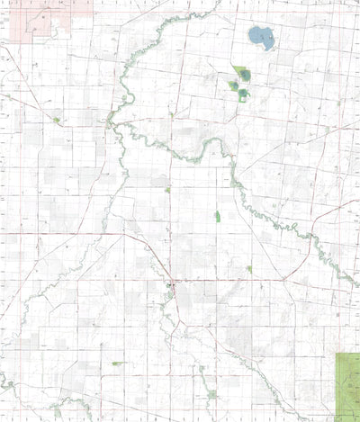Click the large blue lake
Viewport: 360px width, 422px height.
[261, 37]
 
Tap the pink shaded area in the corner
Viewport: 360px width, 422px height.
[36, 22]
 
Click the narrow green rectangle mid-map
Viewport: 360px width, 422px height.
[218, 217]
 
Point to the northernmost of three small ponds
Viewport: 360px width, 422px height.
[245, 75]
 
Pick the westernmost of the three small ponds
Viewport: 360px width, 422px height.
[233, 86]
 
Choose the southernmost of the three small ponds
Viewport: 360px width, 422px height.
[243, 93]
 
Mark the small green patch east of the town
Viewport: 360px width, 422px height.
[248, 268]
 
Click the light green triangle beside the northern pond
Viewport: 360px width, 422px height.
[237, 70]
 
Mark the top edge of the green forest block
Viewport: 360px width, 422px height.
[347, 355]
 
